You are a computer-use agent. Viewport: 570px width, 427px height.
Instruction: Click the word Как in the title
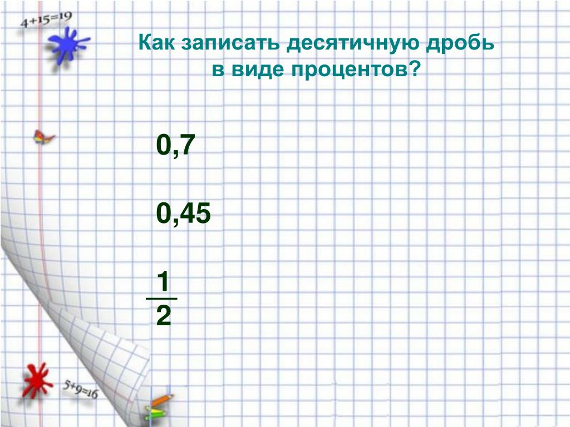tap(156, 42)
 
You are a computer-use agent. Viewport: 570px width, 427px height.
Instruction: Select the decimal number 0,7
tap(175, 145)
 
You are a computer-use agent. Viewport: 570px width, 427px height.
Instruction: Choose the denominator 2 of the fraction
tap(163, 316)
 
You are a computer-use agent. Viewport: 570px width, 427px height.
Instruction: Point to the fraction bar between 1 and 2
tap(161, 299)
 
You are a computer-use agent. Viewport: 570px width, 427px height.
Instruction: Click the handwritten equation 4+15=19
tap(46, 19)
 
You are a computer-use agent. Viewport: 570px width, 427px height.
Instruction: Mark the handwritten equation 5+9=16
tap(80, 389)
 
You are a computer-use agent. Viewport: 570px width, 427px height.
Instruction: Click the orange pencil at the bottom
tap(162, 400)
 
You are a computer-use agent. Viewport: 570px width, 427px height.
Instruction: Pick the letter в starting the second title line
tap(218, 70)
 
